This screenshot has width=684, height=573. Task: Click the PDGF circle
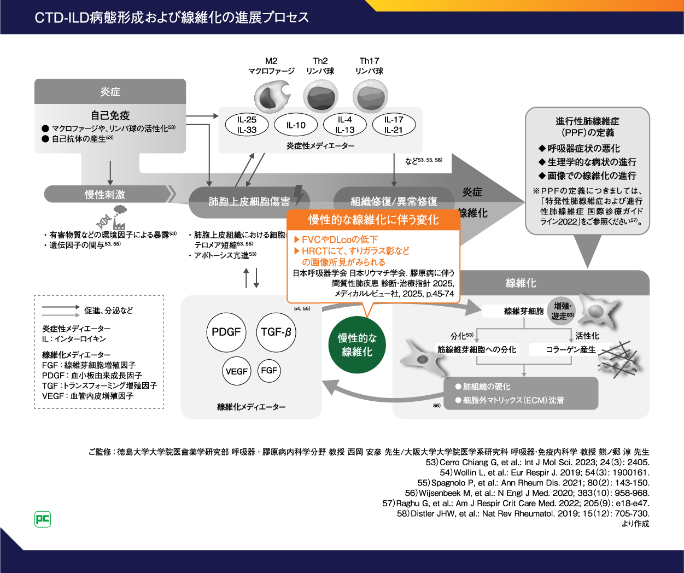pos(226,332)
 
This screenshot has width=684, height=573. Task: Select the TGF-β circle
pos(276,332)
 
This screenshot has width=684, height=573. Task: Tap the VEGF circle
pos(236,371)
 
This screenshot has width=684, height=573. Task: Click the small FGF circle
pos(269,370)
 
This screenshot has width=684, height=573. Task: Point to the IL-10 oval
pos(296,125)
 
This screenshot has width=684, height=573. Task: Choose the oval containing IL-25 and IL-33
pos(247,125)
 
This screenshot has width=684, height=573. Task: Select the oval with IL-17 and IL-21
pos(394,125)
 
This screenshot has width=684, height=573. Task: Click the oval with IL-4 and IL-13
pos(345,125)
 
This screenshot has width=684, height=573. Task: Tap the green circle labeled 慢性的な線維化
pos(357,345)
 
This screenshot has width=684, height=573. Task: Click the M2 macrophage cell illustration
pos(272,96)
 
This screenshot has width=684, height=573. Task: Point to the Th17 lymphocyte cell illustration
pos(370,96)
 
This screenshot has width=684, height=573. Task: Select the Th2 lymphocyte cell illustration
pos(320,96)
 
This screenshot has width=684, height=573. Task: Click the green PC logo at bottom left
pos(43,519)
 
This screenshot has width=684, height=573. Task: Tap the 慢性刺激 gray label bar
pos(105,194)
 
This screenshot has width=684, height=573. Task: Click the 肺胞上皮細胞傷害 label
pos(249,202)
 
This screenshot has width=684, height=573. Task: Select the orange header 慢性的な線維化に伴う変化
pos(373,220)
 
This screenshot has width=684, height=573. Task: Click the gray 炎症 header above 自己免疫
pos(110,91)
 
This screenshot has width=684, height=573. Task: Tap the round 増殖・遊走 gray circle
pos(562,311)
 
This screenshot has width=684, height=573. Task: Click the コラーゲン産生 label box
pos(571,349)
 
